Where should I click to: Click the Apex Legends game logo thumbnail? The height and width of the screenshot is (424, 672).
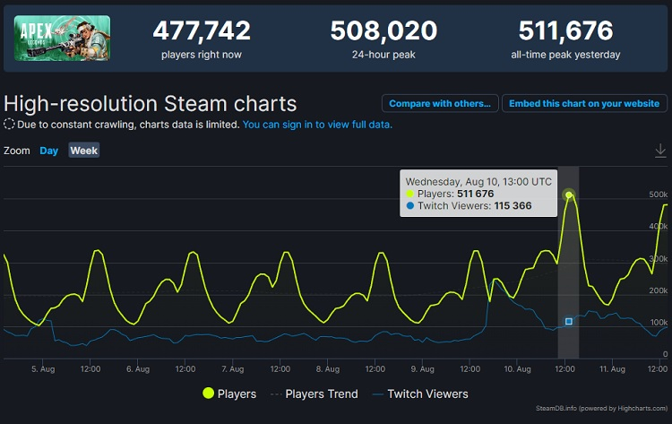click(x=63, y=39)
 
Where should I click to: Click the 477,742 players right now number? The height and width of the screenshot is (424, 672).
click(x=202, y=30)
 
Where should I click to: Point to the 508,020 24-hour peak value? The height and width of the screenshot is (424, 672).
click(x=383, y=30)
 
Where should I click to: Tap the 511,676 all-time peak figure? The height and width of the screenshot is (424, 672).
click(x=566, y=30)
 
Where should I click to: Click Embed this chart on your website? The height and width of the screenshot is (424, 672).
click(x=583, y=103)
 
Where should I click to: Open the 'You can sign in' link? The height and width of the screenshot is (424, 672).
click(x=316, y=125)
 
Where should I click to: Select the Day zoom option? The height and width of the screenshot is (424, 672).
click(x=49, y=151)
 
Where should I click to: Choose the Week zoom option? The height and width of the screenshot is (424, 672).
click(x=84, y=151)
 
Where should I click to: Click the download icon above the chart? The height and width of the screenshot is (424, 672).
click(x=661, y=151)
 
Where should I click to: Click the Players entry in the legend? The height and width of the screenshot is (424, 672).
click(x=230, y=394)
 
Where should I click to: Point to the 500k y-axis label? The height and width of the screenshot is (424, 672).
click(x=658, y=195)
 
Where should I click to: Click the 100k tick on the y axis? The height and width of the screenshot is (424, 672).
click(x=658, y=323)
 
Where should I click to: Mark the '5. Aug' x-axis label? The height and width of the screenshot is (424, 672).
click(x=43, y=368)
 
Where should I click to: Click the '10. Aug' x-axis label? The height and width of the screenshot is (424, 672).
click(x=517, y=368)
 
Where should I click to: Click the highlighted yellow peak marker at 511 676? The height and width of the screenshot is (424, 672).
click(x=568, y=195)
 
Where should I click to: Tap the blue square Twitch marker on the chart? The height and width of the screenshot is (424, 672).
click(x=568, y=321)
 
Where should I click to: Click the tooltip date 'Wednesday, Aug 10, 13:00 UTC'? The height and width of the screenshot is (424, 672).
click(x=478, y=180)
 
